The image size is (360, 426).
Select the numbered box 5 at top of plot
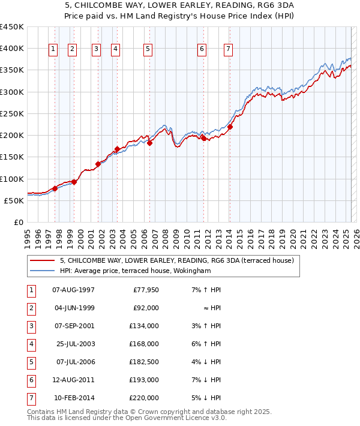tap(148, 49)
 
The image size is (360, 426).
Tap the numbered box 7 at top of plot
tap(229, 49)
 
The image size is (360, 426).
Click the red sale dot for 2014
tap(230, 127)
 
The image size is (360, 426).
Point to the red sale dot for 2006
tap(149, 143)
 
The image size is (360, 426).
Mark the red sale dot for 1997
tap(55, 188)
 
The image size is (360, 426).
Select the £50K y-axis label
tap(14, 201)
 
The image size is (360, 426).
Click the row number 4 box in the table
tap(31, 344)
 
